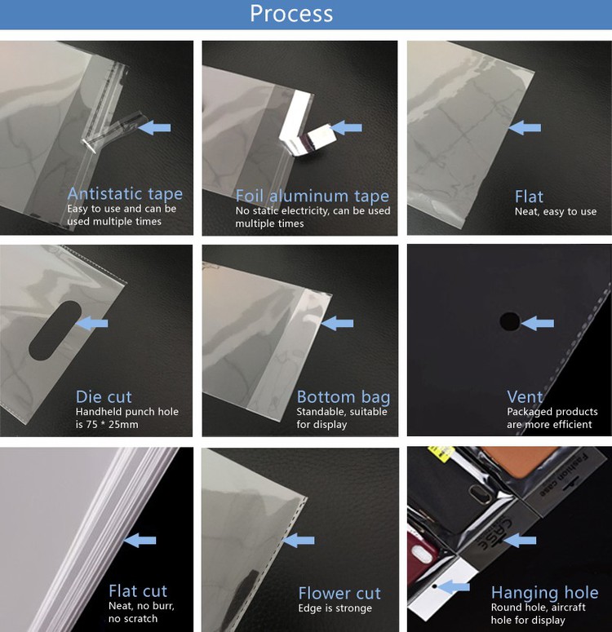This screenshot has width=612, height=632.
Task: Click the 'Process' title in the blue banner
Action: [291, 14]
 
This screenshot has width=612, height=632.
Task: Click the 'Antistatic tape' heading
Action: [125, 194]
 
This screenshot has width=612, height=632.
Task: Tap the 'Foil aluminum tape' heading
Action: [312, 197]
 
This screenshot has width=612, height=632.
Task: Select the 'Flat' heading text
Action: [529, 197]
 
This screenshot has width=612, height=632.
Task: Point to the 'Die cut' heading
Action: [104, 397]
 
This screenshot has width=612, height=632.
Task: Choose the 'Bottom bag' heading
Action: [343, 397]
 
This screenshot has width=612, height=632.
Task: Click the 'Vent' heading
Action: [525, 397]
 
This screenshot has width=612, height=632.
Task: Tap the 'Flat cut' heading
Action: [137, 591]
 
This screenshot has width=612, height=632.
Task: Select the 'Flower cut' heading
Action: [339, 593]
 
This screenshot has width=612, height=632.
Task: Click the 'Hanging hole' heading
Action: [544, 593]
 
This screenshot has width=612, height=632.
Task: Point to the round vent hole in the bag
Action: [509, 322]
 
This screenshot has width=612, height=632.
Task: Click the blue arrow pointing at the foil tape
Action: [347, 127]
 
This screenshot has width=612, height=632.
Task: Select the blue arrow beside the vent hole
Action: [538, 324]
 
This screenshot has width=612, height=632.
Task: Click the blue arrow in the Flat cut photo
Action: [140, 540]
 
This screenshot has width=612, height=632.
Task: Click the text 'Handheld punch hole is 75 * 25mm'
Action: [126, 418]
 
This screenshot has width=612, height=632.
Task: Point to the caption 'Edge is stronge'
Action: [335, 608]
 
